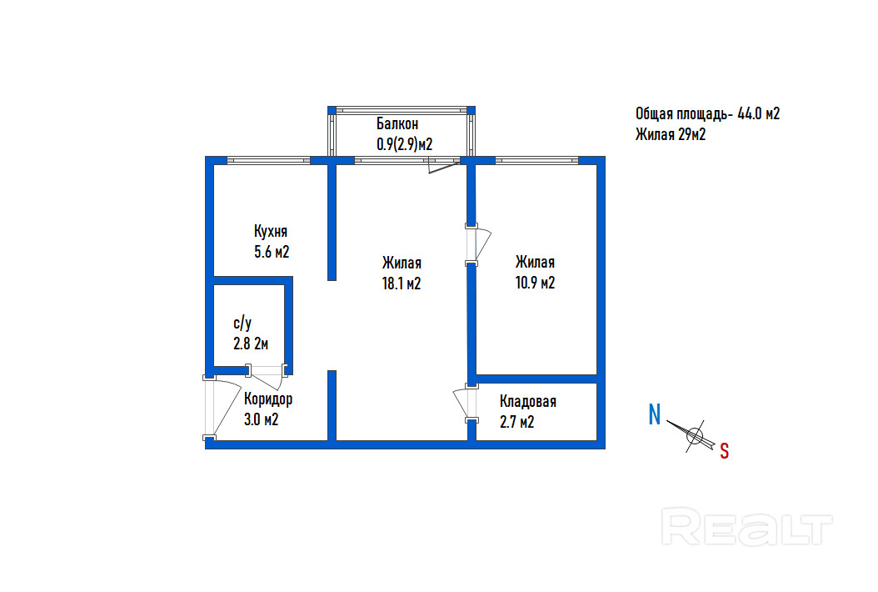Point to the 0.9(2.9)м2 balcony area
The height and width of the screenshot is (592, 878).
tap(405, 143)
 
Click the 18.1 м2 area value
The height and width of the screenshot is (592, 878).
tap(402, 283)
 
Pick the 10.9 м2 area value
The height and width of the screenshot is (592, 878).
tap(535, 283)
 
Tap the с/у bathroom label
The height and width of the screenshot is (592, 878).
tap(242, 323)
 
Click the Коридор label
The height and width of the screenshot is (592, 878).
tap(268, 399)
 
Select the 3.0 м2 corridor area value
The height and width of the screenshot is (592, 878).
tap(260, 419)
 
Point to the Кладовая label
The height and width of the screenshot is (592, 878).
tap(528, 402)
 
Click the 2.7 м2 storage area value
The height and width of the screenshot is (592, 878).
tap(516, 422)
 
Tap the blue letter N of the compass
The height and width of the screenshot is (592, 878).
tap(656, 414)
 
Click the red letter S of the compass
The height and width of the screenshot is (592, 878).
tap(724, 451)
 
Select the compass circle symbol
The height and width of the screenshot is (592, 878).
tap(695, 434)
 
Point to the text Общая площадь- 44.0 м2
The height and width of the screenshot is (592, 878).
tap(707, 115)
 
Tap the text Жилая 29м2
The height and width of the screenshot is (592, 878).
tap(671, 134)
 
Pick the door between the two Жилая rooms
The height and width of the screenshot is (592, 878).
tap(478, 244)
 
